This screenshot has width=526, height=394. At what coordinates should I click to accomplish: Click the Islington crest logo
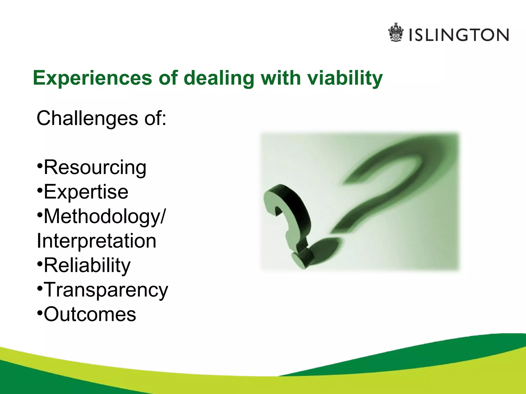(396, 33)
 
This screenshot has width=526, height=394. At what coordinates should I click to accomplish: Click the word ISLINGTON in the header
(459, 35)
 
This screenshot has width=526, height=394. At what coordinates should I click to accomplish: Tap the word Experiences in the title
(92, 78)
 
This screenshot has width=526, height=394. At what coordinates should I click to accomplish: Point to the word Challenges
(87, 119)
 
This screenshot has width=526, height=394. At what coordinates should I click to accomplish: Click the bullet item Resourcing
(95, 168)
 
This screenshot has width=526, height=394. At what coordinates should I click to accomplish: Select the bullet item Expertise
(86, 192)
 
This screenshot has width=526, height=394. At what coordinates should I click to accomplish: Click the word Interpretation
(97, 241)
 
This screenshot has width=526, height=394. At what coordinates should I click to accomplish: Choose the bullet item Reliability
(87, 265)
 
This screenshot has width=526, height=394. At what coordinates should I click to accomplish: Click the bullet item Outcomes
(90, 314)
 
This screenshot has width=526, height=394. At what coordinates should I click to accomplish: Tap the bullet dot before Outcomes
(40, 313)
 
